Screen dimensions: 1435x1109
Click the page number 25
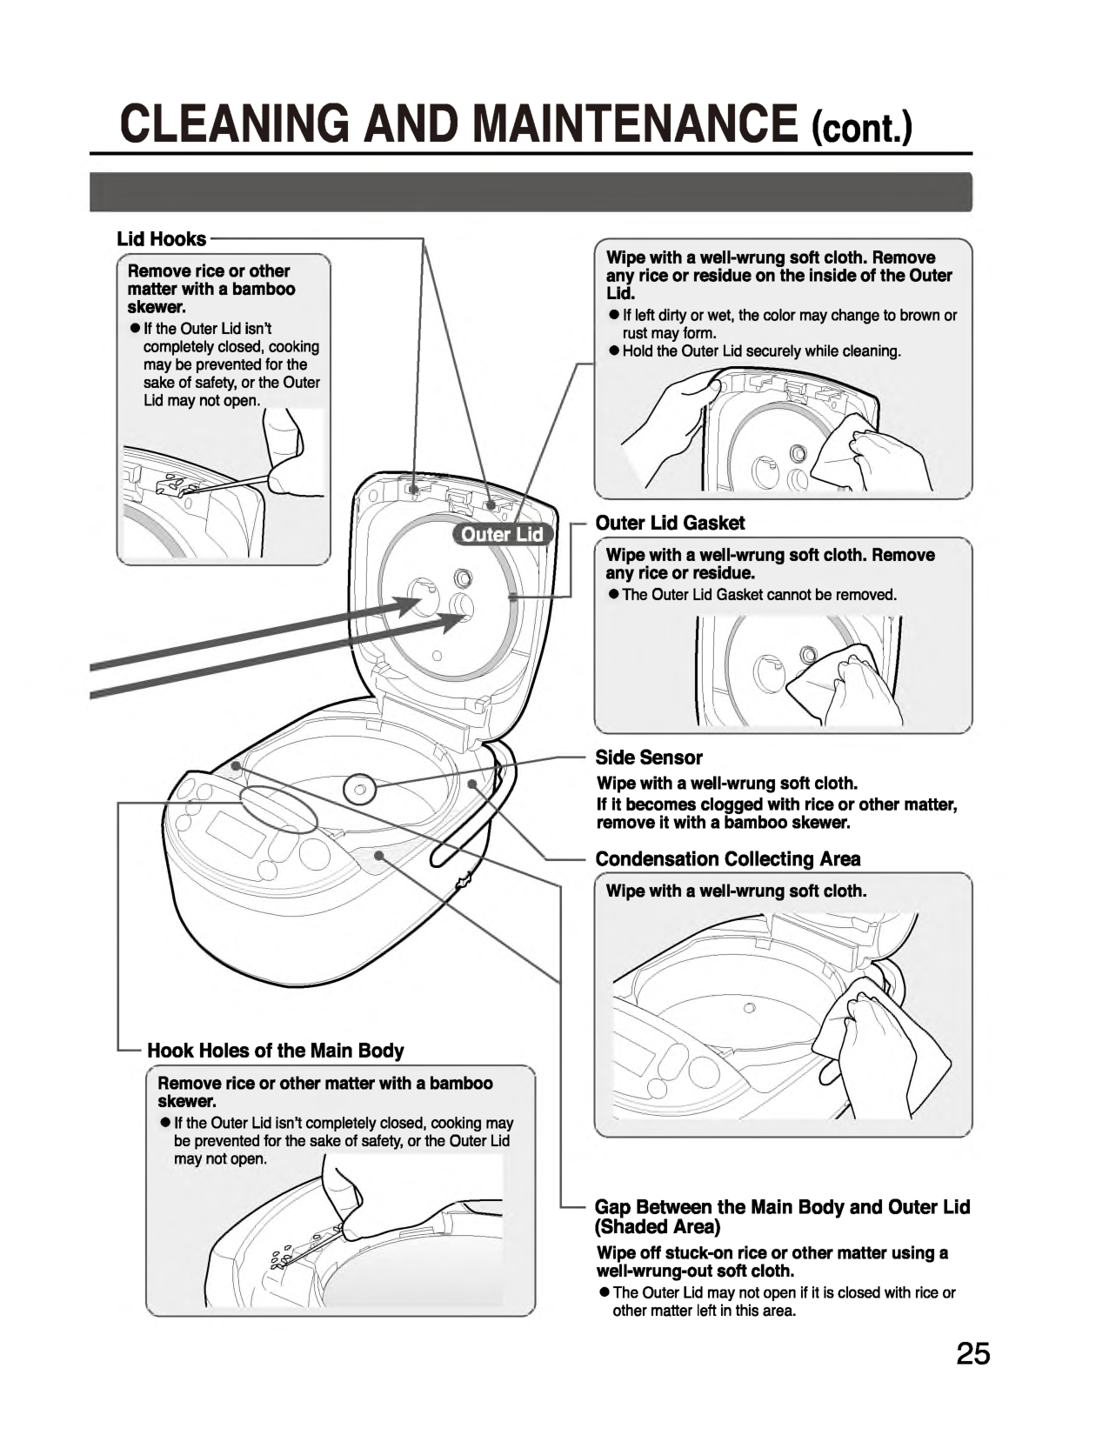point(973,1354)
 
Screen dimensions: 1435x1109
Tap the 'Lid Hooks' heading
point(162,239)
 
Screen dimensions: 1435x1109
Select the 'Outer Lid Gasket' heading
point(670,523)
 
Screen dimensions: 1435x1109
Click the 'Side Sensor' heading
point(648,758)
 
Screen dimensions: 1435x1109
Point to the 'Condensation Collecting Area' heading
point(728,859)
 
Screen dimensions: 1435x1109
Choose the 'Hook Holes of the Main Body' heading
point(276,1051)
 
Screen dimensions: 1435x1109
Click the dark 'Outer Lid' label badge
point(502,535)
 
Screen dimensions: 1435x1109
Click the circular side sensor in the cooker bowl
point(358,790)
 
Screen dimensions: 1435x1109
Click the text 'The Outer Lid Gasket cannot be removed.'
point(758,595)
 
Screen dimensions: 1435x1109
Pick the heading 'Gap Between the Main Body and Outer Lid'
point(782,1207)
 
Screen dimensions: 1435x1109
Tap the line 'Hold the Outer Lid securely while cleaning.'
point(761,351)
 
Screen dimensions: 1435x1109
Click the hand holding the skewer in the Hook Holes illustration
point(339,1191)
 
